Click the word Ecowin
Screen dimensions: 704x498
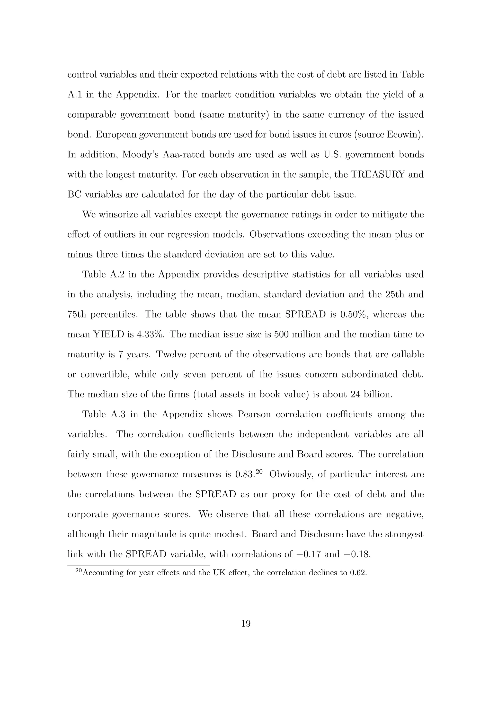click(402, 135)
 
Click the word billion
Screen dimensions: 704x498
click(378, 395)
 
